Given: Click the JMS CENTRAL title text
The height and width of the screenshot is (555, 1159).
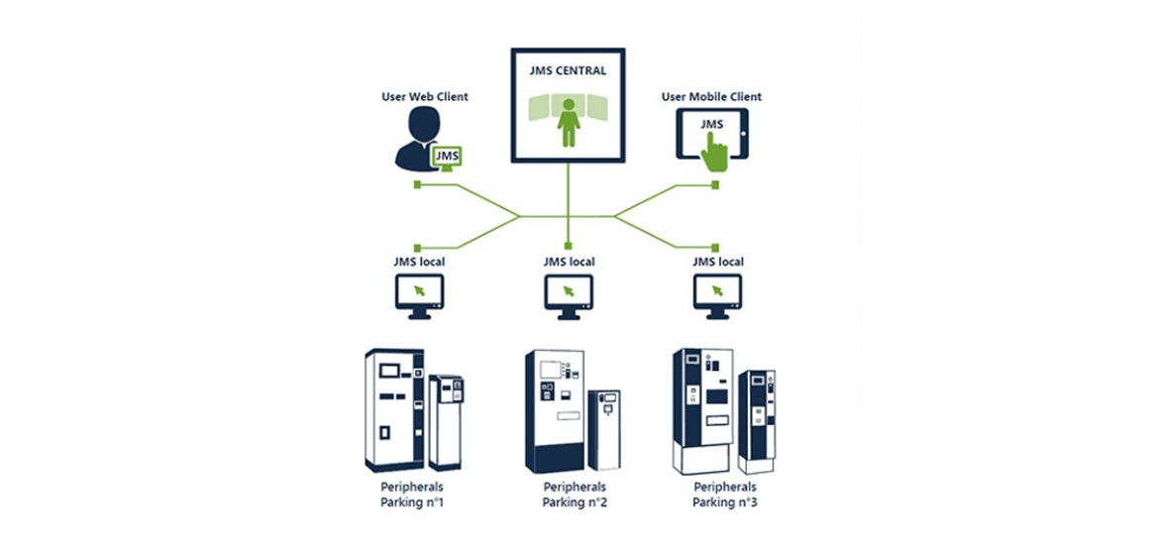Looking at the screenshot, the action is tap(568, 71).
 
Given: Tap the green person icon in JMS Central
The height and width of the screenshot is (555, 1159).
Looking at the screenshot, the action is tap(569, 122).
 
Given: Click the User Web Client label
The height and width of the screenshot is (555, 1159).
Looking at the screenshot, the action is tap(425, 97).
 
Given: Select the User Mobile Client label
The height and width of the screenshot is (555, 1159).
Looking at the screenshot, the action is tap(711, 97).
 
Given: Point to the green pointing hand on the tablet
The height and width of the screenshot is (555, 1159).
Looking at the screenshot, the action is tap(714, 153).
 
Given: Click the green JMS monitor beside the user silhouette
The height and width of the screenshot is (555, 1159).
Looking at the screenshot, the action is tap(447, 158).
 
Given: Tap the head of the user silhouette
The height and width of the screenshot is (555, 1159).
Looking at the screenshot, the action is tap(424, 124).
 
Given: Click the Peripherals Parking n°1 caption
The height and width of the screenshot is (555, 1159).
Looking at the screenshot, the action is tap(412, 495).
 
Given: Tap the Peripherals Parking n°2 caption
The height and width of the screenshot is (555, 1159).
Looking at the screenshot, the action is tap(575, 495).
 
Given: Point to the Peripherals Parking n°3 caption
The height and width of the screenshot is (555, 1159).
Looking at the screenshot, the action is tap(725, 495).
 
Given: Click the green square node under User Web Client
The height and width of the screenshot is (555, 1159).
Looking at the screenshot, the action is tap(417, 184).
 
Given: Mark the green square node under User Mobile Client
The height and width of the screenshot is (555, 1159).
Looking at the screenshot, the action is tap(715, 184).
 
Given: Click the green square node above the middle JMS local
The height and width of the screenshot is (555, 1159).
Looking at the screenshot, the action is tap(568, 246).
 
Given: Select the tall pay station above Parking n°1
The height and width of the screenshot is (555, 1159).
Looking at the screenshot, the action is tap(394, 410).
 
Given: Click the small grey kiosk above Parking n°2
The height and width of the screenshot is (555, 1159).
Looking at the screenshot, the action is tap(604, 430).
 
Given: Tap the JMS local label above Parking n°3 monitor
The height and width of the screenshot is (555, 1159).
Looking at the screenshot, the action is tap(718, 262).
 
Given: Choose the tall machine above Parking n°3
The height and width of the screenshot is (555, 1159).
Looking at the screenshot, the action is tap(703, 411).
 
